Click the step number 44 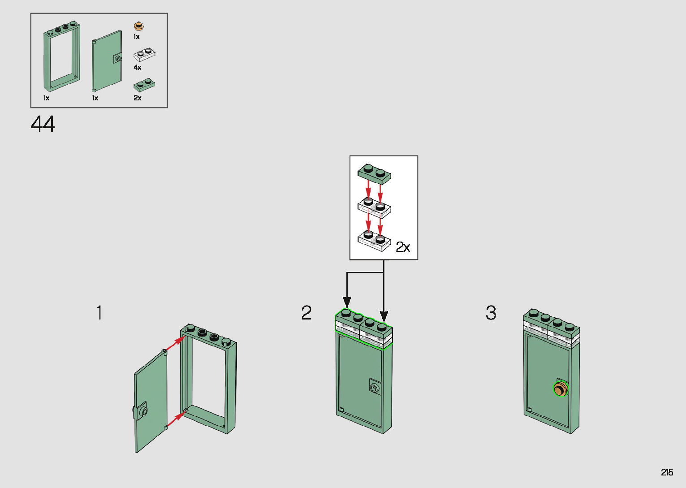[43, 124]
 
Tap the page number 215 [667, 472]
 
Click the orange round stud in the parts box [138, 26]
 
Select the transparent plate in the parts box [144, 54]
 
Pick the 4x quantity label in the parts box [138, 67]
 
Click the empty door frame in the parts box [62, 56]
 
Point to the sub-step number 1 [99, 313]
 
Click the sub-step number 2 [306, 313]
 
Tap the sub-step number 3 [491, 313]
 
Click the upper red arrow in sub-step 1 [175, 344]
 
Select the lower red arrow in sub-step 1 [176, 419]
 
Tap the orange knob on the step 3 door [560, 389]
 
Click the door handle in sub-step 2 [374, 387]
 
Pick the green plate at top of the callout [375, 174]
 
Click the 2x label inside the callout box [403, 247]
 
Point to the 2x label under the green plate [138, 98]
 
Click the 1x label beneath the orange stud [137, 37]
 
